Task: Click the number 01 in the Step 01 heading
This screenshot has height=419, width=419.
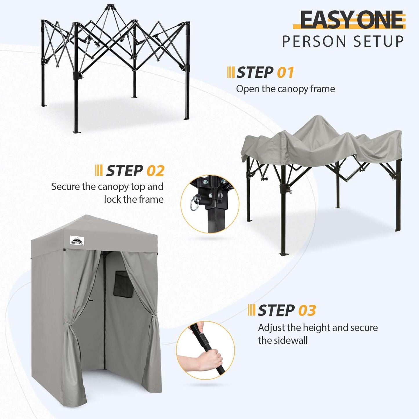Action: coord(285,72)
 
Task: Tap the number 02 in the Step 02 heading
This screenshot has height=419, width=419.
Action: coord(155,171)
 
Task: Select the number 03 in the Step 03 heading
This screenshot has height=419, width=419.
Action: coord(307,311)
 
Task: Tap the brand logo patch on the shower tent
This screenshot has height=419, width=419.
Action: coord(77,240)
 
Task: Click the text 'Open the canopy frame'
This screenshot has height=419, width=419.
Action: coord(285,89)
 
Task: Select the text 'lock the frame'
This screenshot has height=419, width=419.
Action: coord(134,199)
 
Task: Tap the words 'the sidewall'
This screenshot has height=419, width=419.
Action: coord(282,340)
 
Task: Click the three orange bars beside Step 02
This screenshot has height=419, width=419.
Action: coord(99,170)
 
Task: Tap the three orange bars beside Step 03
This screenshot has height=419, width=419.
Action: coord(251,310)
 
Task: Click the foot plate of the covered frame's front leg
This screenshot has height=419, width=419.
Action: coord(284,254)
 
